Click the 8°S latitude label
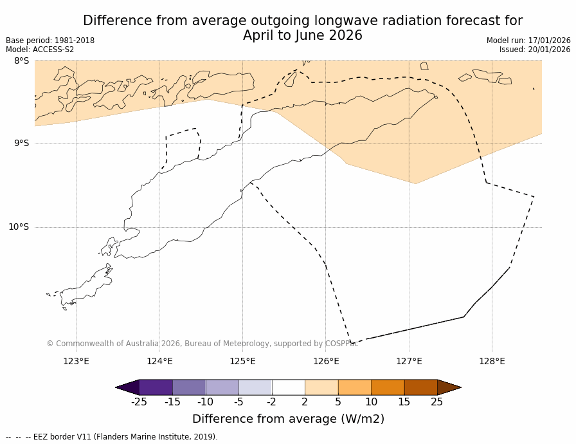point(21,61)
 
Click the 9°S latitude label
point(21,143)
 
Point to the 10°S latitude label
point(19,227)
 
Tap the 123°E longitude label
point(76,361)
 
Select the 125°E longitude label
point(242,361)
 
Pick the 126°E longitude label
point(326,361)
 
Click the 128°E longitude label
point(492,361)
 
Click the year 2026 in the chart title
point(345,36)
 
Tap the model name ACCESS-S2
point(53,50)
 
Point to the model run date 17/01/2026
point(549,41)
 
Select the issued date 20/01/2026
point(549,50)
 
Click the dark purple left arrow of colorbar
point(128,387)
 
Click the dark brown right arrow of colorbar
point(449,387)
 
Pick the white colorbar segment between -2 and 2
point(288,387)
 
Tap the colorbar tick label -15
point(172,402)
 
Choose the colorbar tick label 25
point(437,402)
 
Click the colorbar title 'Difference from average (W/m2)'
point(288,419)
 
